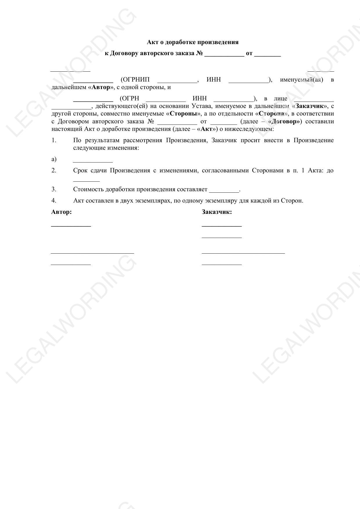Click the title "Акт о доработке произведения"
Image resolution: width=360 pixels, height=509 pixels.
193,42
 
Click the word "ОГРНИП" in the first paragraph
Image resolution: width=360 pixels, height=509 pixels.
135,80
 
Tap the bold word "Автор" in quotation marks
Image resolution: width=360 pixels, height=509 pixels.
101,87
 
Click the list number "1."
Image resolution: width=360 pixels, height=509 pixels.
54,140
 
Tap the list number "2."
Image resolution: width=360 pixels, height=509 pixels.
54,171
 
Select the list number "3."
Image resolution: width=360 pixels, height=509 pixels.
54,189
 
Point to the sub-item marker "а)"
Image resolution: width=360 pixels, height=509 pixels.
54,159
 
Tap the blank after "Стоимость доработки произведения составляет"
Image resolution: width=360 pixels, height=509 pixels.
224,191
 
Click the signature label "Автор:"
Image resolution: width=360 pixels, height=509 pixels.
61,212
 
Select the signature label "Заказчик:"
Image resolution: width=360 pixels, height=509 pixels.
217,212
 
